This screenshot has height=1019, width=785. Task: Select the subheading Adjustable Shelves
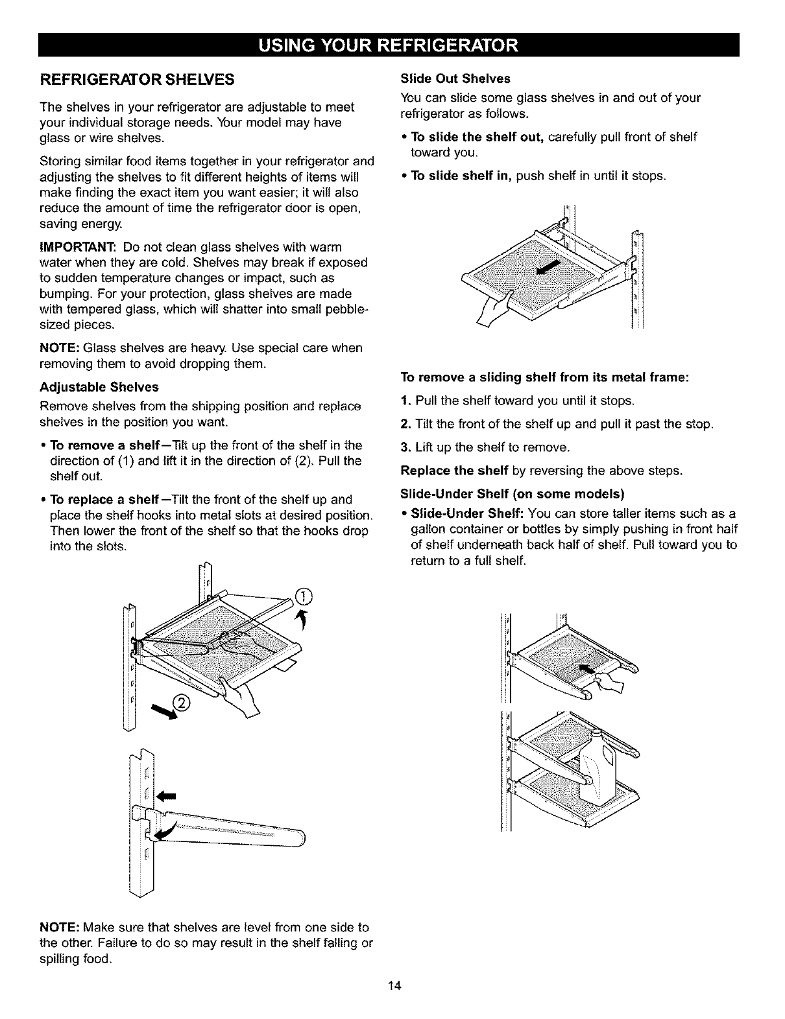click(99, 387)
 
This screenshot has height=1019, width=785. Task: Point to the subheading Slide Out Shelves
click(455, 78)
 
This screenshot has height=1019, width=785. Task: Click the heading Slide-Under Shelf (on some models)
click(513, 495)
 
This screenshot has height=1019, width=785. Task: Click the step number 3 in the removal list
click(405, 447)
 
